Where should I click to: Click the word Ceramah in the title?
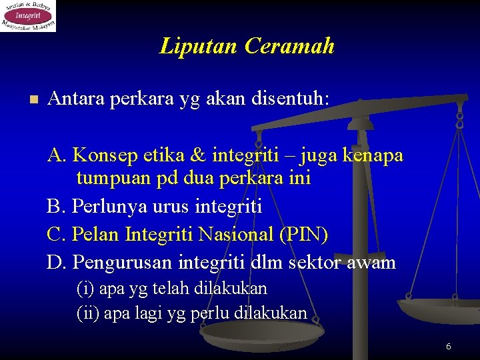(289, 46)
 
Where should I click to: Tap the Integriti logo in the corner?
(28, 16)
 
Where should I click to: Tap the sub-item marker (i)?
(85, 289)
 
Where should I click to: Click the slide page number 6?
(448, 346)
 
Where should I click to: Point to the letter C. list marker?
(56, 235)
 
